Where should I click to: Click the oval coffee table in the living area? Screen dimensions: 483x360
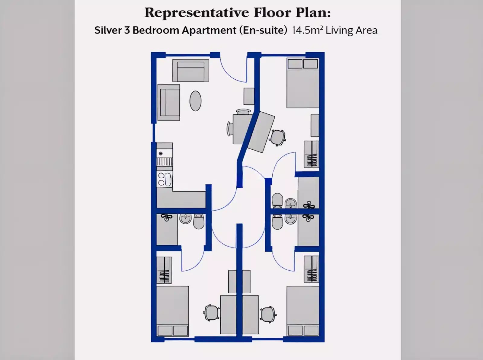pos(195,101)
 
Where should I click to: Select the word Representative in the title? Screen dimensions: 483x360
pos(197,13)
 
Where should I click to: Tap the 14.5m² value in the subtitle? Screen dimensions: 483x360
pos(307,30)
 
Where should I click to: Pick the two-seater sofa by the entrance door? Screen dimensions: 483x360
pos(190,70)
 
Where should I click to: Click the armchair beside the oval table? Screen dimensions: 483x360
pos(168,103)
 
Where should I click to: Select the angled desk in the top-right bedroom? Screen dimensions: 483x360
pos(261,132)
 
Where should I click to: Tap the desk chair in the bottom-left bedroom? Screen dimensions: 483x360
pos(211,313)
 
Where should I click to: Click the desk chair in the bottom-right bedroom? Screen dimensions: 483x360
pos(268,314)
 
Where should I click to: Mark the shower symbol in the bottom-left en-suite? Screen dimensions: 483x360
pos(167,217)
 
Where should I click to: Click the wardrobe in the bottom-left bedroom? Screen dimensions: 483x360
pos(164,270)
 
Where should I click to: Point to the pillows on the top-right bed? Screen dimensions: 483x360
pos(303,64)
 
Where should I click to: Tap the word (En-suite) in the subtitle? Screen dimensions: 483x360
pos(263,30)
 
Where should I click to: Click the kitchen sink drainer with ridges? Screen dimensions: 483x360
pos(165,162)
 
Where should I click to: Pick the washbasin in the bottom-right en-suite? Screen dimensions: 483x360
pos(291,219)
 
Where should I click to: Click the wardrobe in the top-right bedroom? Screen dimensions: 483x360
pos(312,154)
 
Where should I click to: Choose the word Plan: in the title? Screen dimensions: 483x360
pos(313,13)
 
